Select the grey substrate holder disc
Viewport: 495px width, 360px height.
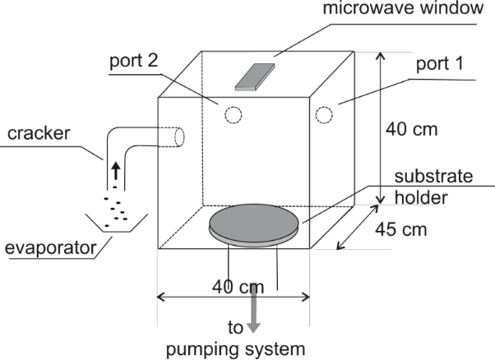(252, 222)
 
